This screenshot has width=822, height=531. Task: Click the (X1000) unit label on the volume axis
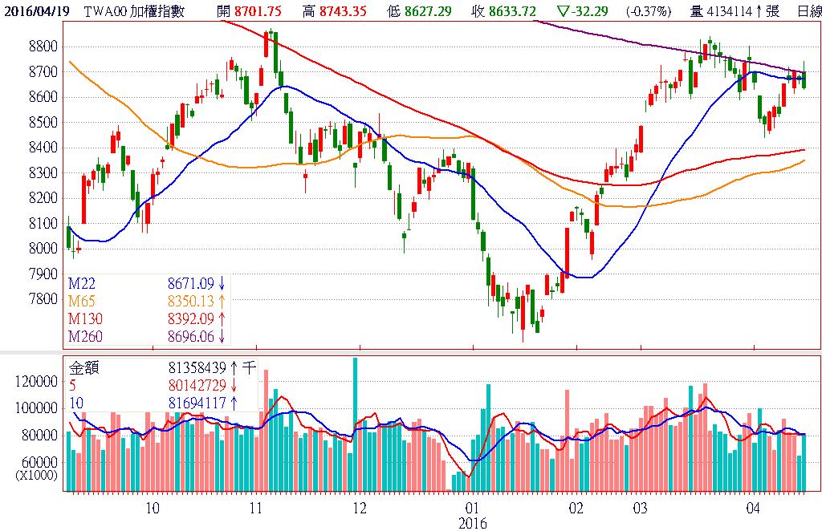[x=36, y=474]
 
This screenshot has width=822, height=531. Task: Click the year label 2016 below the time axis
[x=472, y=523]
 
